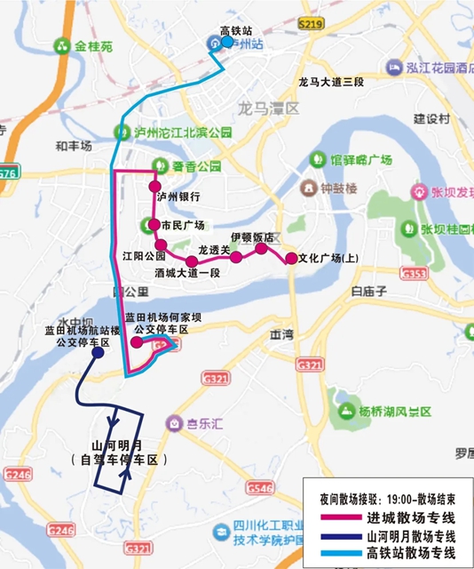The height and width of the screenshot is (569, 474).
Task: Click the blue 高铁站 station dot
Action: click(227, 42)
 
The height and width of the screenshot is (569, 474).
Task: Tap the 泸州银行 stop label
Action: click(178, 196)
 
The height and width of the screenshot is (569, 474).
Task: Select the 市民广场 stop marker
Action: click(154, 225)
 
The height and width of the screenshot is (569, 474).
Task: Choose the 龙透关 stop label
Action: click(213, 250)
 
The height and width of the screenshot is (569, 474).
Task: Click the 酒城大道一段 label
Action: click(186, 273)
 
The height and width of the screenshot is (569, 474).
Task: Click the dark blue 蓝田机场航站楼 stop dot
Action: click(97, 352)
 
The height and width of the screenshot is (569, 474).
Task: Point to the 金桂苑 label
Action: click(92, 44)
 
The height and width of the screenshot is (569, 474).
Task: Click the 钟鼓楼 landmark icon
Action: click(307, 188)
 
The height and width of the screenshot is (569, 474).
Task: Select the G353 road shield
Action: click(414, 276)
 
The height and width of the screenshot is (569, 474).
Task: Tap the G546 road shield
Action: click(260, 488)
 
